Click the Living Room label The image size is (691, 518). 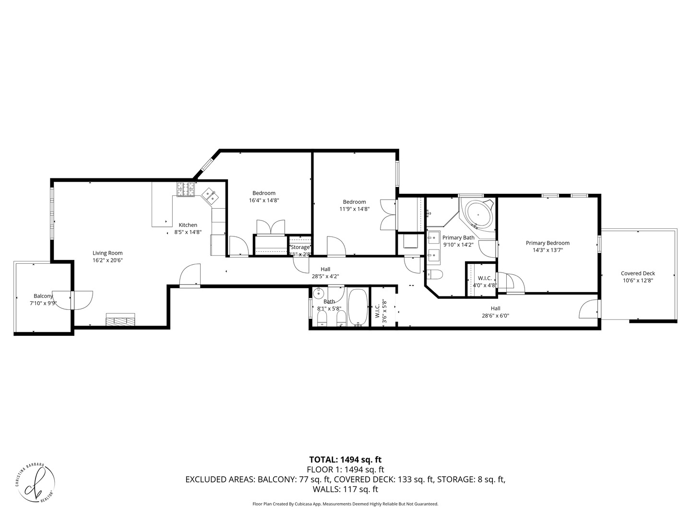pos(107,253)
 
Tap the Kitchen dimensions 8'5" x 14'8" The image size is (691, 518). pos(188,232)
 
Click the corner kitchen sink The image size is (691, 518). pos(210,195)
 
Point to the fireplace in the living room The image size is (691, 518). pos(120,319)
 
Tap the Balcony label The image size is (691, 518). pos(43,296)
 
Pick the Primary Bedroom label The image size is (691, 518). pos(548,243)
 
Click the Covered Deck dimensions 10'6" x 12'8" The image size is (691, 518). pos(638,281)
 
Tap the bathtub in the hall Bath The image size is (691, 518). pos(357,307)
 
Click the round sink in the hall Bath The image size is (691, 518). pos(319,294)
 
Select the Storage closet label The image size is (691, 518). pos(300,247)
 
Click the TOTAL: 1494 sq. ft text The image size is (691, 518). pos(345,459)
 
